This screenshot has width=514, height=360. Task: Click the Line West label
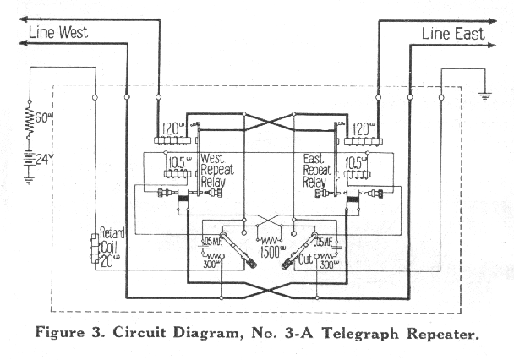[x=59, y=33]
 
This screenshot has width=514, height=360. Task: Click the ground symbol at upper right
[x=484, y=94]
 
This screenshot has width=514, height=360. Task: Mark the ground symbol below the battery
[x=27, y=179]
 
